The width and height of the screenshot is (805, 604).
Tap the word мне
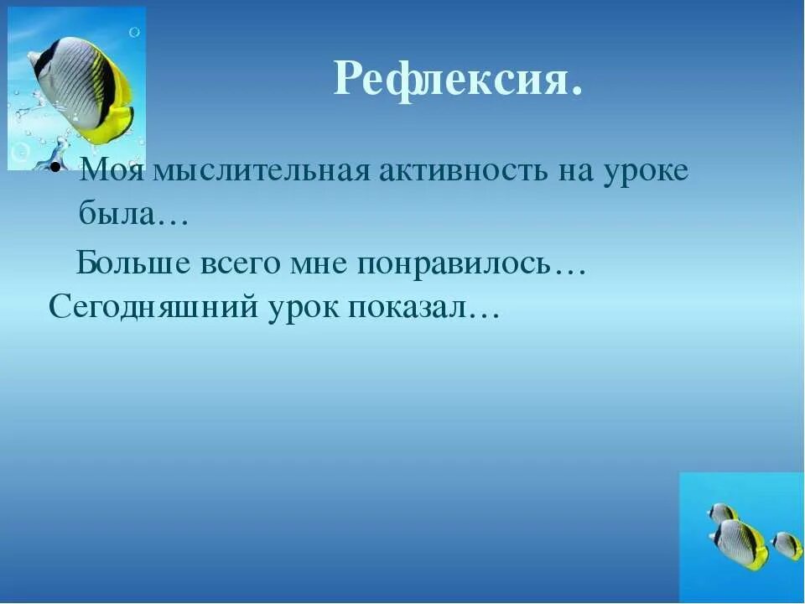click(320, 264)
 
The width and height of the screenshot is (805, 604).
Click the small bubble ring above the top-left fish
click(133, 32)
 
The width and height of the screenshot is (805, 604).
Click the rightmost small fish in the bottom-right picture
click(787, 545)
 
